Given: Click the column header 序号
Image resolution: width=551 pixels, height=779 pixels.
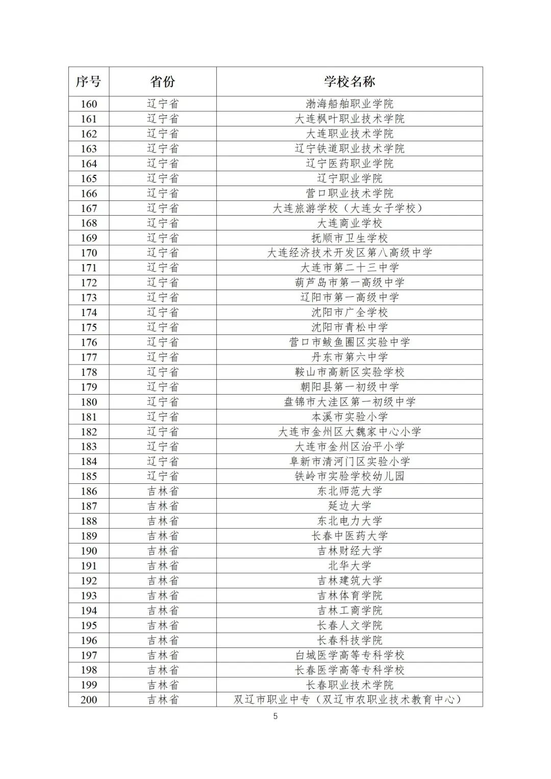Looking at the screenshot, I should pos(89,82).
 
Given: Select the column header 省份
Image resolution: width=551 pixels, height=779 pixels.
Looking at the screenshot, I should pos(163,82).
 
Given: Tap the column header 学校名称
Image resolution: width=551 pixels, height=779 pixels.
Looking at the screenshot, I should pos(349,82).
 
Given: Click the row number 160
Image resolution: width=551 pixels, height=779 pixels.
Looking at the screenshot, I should pos(89,104).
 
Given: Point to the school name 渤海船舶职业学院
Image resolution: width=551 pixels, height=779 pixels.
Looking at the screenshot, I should pos(349,104).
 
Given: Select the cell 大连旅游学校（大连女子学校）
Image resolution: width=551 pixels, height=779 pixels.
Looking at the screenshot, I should pos(349,208).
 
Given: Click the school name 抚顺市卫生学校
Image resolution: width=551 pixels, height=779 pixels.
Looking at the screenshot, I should pos(349,238).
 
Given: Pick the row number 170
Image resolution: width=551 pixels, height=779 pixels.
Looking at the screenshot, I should pos(89,253).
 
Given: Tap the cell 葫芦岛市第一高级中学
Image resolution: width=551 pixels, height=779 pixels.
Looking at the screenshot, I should pos(349,282).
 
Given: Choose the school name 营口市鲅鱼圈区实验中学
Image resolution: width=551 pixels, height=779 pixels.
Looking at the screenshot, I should pos(349,342).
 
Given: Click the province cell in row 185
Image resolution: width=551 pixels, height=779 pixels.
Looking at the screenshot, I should pos(163,476).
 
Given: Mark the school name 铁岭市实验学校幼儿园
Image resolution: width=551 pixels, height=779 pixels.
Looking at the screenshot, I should pos(349,476).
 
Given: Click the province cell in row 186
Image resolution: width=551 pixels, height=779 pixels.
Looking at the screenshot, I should pos(163,491).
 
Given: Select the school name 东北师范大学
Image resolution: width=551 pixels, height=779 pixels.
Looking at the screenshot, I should pos(349,491).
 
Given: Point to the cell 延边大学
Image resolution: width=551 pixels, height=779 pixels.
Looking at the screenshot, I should pos(349,506).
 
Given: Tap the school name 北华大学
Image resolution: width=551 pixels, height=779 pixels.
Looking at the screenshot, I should pos(349,565).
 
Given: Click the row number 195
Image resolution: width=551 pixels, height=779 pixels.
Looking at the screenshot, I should pos(89,625).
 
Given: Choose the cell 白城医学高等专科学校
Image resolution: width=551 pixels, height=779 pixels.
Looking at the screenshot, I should pos(349,655).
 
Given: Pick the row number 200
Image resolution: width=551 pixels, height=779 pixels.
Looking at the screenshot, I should pos(89,699).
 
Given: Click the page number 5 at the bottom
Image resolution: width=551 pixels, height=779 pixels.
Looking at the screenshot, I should pos(275,716).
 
